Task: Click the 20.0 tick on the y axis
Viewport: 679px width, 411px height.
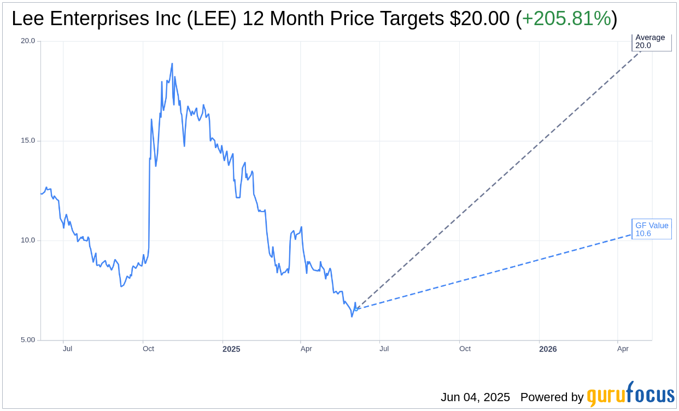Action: (28, 41)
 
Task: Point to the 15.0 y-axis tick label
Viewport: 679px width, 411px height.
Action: (28, 140)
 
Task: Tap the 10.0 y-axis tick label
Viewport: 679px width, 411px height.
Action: (28, 240)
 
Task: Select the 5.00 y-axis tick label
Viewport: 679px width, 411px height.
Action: (28, 340)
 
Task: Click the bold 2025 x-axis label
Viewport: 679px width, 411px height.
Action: (231, 349)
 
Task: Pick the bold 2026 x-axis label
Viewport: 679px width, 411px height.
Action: (548, 349)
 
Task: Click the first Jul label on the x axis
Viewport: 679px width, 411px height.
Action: (67, 349)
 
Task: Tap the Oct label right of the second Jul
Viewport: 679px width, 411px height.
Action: (465, 349)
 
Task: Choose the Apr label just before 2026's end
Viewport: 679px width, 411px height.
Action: (623, 349)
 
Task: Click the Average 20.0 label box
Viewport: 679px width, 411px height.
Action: (652, 42)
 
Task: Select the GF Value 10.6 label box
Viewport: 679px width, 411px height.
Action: (652, 230)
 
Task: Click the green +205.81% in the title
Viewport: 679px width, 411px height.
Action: (566, 19)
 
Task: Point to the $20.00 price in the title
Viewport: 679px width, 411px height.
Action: (479, 19)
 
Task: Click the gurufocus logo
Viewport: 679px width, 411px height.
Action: (630, 395)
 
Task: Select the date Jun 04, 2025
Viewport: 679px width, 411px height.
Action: (475, 397)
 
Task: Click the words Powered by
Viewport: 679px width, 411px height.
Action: (552, 397)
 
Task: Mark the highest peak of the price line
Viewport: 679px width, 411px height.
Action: (172, 63)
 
